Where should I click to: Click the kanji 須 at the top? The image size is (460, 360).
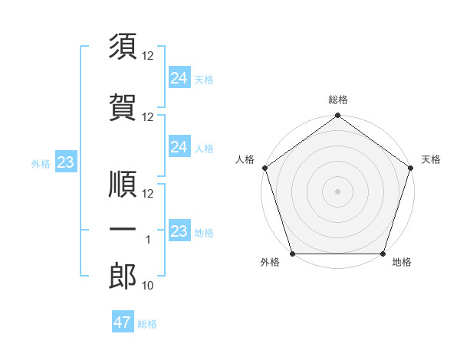123,47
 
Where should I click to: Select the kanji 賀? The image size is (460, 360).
123,107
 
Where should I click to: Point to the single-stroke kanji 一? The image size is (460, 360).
123,229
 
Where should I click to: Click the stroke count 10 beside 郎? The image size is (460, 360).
149,286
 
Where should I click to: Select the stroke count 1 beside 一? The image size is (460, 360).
149,240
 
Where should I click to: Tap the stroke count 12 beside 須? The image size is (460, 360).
149,57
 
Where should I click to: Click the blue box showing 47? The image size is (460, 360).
123,322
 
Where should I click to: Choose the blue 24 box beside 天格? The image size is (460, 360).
179,77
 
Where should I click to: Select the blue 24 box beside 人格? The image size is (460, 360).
179,146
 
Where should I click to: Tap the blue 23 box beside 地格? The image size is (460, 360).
179,231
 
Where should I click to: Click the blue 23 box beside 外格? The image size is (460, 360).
65,162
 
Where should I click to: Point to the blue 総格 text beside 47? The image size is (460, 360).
147,324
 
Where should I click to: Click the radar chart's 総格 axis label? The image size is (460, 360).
338,100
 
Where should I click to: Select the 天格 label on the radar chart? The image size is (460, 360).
432,159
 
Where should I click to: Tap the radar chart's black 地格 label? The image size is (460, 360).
402,263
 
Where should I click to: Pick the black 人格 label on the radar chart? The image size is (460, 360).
245,159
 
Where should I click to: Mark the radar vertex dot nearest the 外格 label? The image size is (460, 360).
291,254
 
